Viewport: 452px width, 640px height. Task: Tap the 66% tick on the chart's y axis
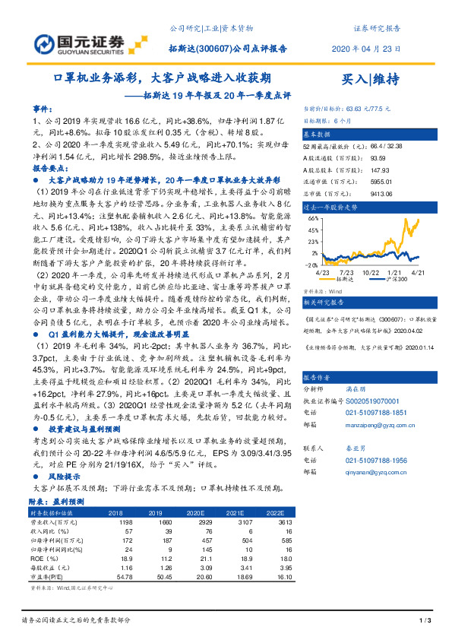coord(312,217)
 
